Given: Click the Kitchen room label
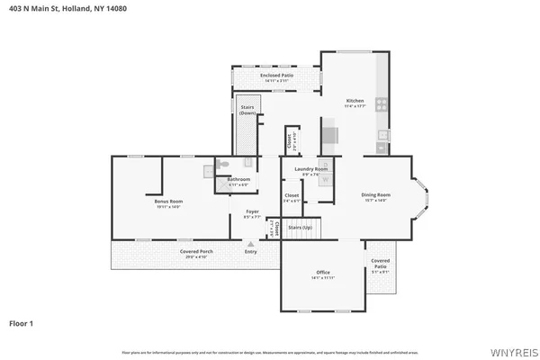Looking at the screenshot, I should pyautogui.click(x=354, y=101).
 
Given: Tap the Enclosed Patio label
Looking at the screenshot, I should pyautogui.click(x=276, y=76).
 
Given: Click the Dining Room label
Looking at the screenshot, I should pyautogui.click(x=375, y=195).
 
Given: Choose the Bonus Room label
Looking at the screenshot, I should pyautogui.click(x=168, y=202).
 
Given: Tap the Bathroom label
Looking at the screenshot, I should pyautogui.click(x=238, y=179).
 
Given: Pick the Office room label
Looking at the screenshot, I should pyautogui.click(x=323, y=272).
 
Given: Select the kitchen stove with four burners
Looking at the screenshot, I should pyautogui.click(x=382, y=103).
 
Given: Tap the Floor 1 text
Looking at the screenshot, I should pyautogui.click(x=22, y=322).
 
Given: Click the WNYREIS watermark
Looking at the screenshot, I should pyautogui.click(x=511, y=349).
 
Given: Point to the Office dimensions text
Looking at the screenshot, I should pyautogui.click(x=323, y=277).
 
